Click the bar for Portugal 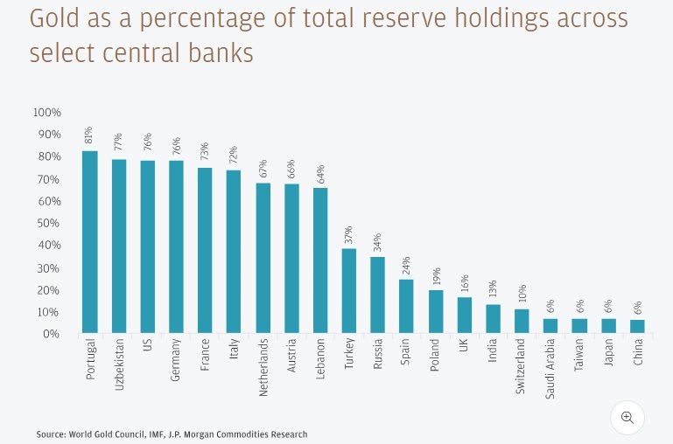pos(90,242)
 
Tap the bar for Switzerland pos(522,321)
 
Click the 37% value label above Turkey pos(348,235)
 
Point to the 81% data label pos(89,135)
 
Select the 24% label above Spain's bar pos(406,265)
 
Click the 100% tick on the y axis pos(46,113)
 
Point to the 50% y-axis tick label pos(48,224)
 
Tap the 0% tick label pos(51,334)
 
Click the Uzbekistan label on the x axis pos(119,365)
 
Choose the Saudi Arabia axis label pos(550,369)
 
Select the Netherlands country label pos(263,367)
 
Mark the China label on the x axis pos(638,352)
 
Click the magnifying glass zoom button pos(627,417)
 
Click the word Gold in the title pos(55,19)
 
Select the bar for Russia pos(377,295)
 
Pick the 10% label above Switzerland pos(522,294)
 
